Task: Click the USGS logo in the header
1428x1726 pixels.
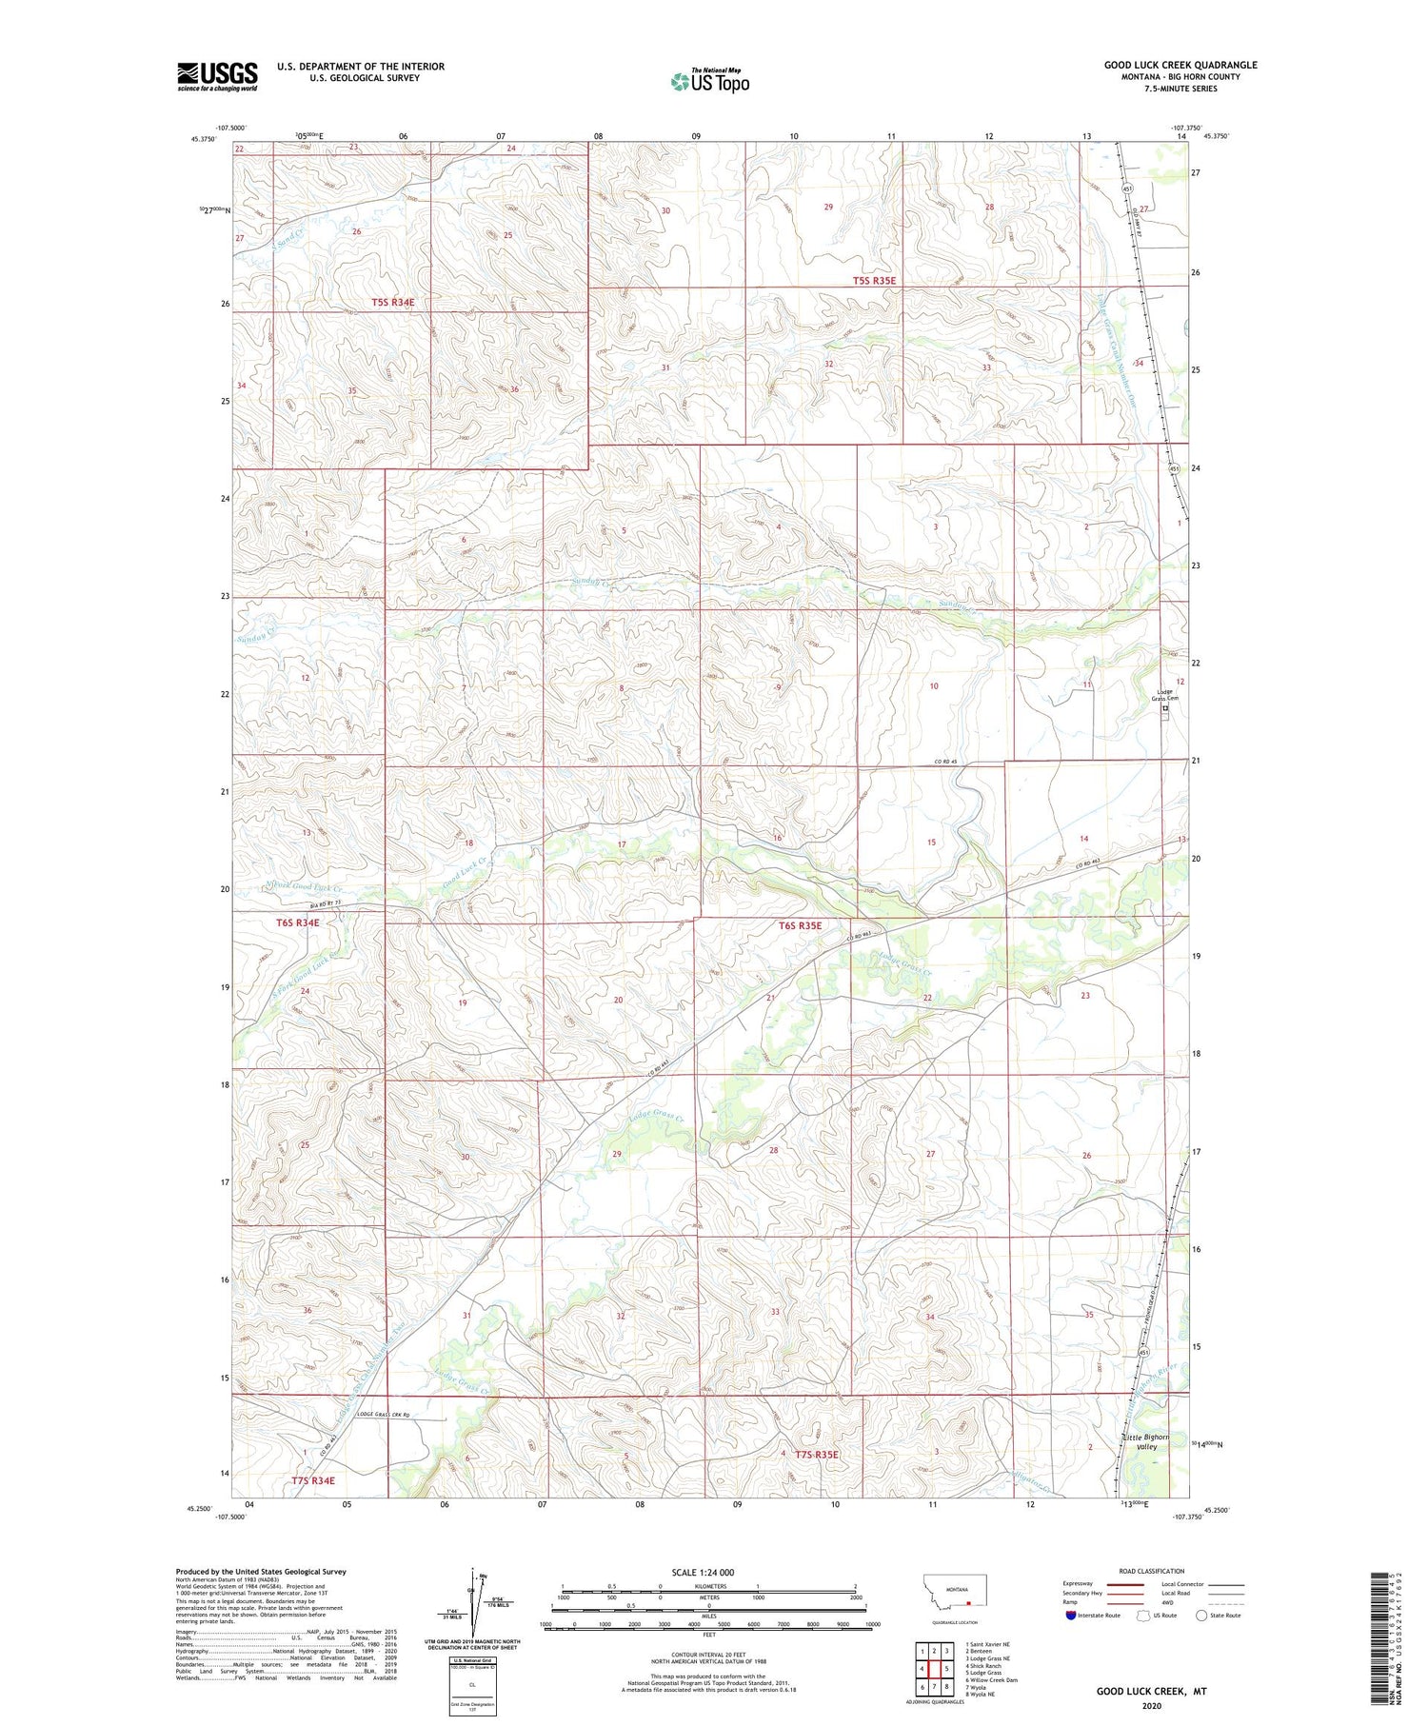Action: tap(217, 75)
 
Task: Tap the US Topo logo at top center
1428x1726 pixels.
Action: tap(709, 82)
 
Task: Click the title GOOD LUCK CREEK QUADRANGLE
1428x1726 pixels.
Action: tap(1180, 65)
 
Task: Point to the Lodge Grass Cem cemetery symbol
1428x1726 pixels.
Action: tap(1164, 709)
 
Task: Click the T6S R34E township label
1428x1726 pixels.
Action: tap(298, 923)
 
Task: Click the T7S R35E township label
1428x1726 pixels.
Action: tap(816, 1480)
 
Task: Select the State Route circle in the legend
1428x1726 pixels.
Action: tap(1201, 1616)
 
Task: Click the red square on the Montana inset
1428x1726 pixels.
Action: tap(968, 1601)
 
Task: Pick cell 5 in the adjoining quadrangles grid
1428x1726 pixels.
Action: tap(947, 1670)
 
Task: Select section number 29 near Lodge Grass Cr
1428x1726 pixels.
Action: tap(617, 1154)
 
